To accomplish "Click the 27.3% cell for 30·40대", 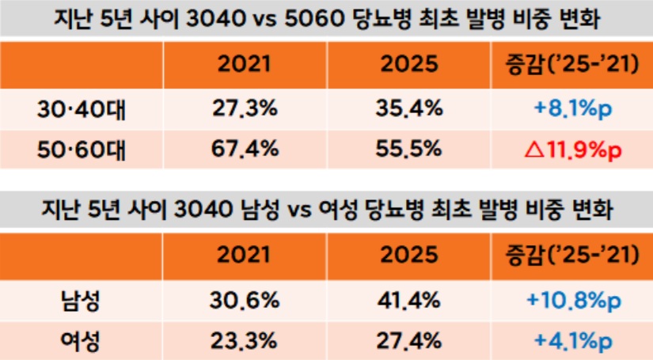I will point(245,108).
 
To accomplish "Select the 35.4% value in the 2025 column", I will point(408,108).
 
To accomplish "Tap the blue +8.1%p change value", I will point(567,108).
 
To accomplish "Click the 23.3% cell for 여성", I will point(245,340).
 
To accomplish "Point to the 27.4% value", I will point(408,340).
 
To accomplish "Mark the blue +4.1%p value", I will point(567,340).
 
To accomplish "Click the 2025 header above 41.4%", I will point(408,255).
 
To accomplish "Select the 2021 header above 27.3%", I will point(245,64).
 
